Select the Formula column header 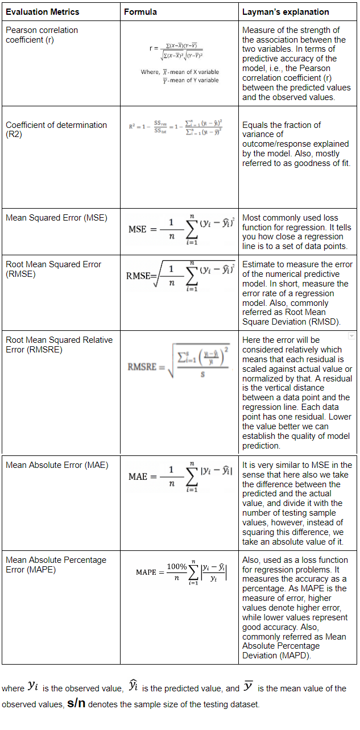pos(140,11)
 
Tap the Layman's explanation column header pos(285,11)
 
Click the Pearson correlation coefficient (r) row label pos(42,35)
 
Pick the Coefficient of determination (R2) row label pos(56,130)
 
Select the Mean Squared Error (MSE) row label pos(56,218)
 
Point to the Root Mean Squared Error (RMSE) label pos(53,269)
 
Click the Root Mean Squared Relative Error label pos(59,345)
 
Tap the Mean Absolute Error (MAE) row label pos(57,465)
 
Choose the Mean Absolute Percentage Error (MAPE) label pos(56,565)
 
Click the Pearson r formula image pos(179,63)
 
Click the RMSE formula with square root pos(177,276)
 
